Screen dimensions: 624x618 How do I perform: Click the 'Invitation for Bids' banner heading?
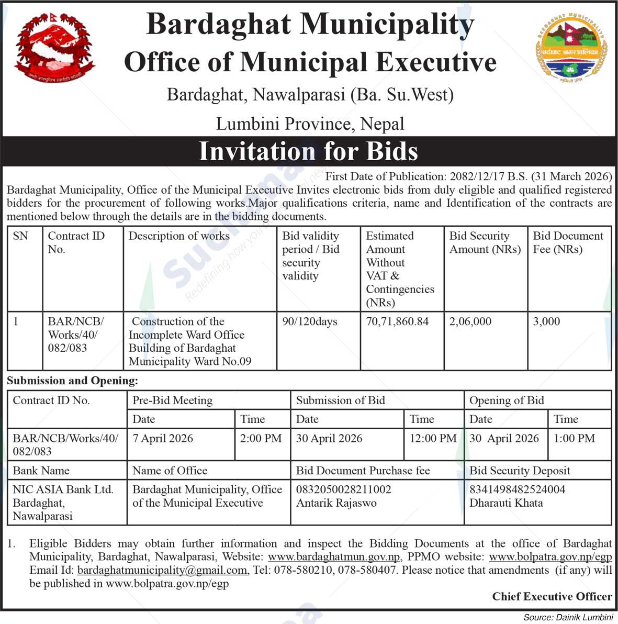308,151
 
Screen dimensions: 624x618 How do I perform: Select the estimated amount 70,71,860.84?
397,321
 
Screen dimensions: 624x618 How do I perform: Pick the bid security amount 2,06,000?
470,321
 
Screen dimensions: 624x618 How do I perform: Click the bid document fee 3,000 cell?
546,321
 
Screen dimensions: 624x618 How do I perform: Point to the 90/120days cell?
310,321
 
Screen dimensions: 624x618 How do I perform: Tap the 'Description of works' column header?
179,236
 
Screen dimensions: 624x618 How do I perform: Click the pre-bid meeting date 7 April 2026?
163,438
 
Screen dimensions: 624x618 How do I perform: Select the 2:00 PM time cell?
261,438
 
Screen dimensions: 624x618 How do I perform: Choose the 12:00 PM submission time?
433,438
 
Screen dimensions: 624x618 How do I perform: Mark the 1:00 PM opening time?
574,438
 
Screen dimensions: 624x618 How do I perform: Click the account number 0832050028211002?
343,489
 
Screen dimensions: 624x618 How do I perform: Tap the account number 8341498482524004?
517,489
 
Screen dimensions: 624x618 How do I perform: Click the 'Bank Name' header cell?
41,470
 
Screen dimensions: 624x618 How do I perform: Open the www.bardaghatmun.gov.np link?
334,557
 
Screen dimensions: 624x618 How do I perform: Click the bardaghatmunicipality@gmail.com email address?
162,570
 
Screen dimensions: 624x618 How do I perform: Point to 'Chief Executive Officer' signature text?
552,596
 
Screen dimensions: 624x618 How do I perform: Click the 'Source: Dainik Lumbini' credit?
567,617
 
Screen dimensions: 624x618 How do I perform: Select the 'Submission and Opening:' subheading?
73,381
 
